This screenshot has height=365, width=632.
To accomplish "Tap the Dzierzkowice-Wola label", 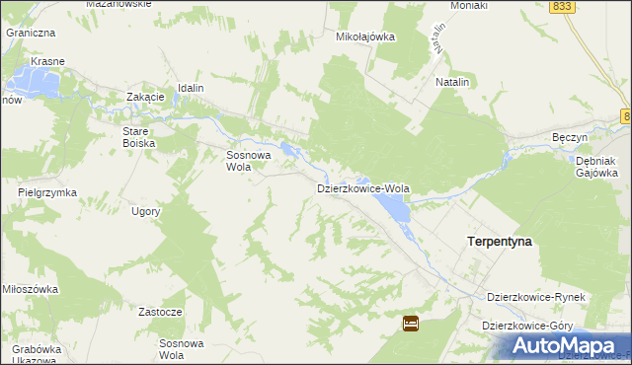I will click(362, 187).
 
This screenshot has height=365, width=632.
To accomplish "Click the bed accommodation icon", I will click(411, 323).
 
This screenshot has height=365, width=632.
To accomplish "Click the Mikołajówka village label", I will click(365, 36).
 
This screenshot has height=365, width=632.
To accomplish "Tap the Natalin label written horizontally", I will click(451, 83).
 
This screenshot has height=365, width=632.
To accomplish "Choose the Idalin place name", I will click(191, 88).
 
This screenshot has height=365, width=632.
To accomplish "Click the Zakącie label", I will click(144, 97).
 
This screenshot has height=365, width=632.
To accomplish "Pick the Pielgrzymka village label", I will click(47, 192).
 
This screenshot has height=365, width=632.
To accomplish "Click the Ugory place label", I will click(144, 212).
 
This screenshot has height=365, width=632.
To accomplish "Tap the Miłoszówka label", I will click(31, 289).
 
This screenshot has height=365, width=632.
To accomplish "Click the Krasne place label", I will click(47, 61).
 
